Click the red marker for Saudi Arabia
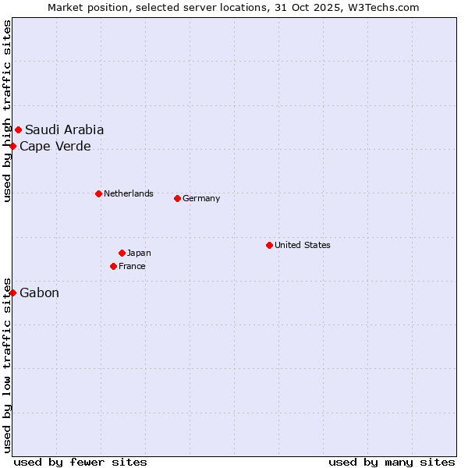coord(18,129)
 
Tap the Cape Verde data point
coord(13,146)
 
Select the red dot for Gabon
coord(13,292)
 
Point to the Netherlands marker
coord(98,193)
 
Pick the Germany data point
coord(177,198)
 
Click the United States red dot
coord(269,245)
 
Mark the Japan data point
coord(122,253)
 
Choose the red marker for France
coord(114,266)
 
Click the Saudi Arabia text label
coord(64,130)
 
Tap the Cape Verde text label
coord(55,147)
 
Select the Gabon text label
coord(39,293)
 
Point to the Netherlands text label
coord(128,193)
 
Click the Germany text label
coord(201,198)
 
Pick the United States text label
coord(302,245)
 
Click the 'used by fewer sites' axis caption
coord(80,462)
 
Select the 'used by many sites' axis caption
coord(392,462)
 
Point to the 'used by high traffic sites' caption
coord(7,112)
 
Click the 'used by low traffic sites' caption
coord(7,364)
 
